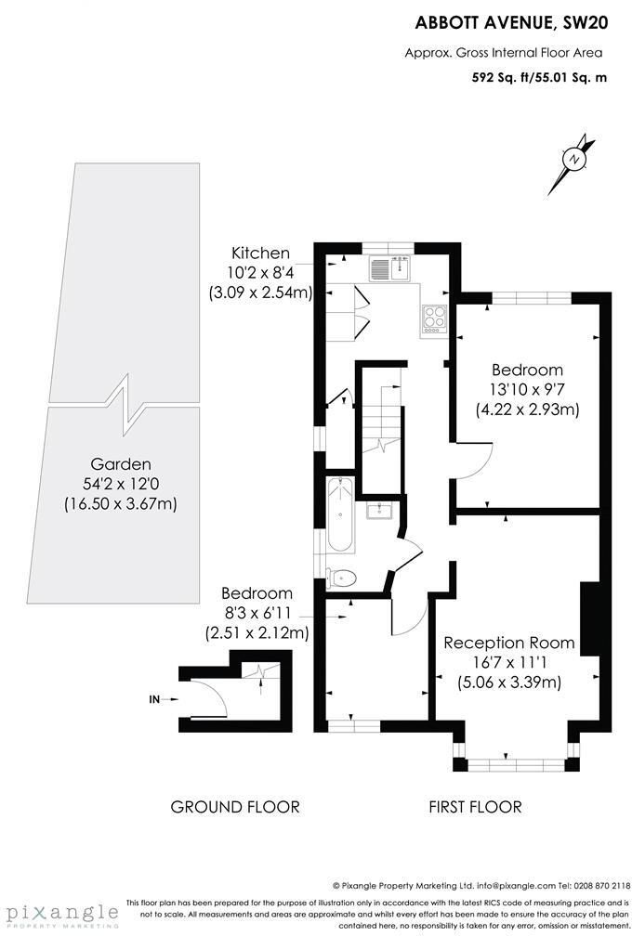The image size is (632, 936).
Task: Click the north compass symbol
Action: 576,159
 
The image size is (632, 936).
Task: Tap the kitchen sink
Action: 389,268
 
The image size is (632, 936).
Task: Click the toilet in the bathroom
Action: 341,578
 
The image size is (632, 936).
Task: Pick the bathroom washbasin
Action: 380,510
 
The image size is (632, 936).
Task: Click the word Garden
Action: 120,463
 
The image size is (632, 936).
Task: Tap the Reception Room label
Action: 508,643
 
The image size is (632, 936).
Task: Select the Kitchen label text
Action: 260,253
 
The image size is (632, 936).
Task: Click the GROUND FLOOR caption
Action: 235,807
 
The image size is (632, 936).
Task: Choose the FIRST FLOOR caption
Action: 475,807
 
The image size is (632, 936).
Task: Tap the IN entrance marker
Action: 154,699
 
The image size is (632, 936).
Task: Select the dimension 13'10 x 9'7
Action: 527,389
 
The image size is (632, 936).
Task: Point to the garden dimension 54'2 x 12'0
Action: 120,484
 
